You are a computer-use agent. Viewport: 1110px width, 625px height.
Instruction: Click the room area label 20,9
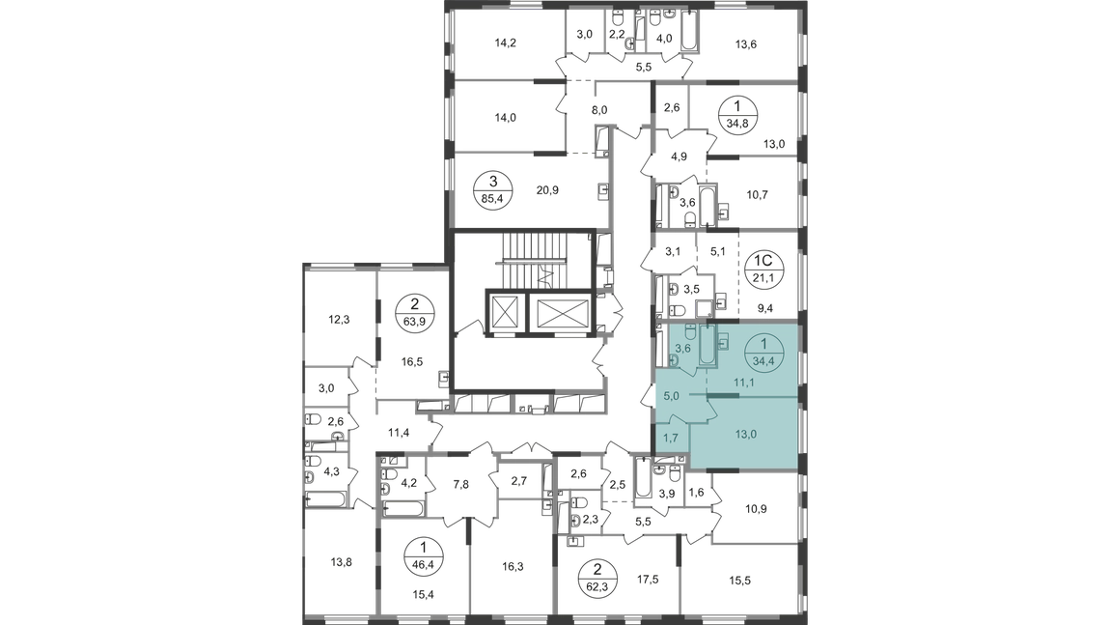pos(547,190)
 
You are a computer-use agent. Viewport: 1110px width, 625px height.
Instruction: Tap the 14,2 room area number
pos(505,43)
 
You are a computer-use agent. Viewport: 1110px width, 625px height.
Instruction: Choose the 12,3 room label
pos(339,319)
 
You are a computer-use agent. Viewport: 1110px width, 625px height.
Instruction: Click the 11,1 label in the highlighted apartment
pos(743,383)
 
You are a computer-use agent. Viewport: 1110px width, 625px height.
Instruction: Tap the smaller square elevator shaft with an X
pos(505,310)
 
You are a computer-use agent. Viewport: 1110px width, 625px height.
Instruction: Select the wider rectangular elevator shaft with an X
pos(563,311)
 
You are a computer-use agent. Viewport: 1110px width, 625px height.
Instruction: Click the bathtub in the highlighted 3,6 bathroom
pos(708,345)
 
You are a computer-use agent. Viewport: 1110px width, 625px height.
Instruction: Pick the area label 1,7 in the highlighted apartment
pos(671,438)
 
